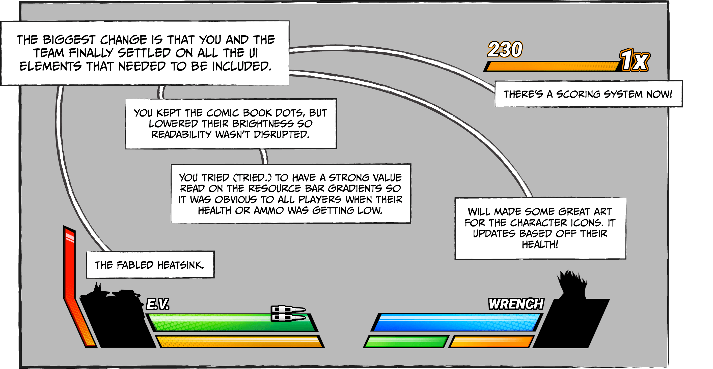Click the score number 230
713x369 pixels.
(x=505, y=50)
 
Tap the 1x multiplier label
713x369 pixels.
(x=634, y=60)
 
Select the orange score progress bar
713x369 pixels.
(x=551, y=66)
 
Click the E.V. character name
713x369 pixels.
(x=157, y=304)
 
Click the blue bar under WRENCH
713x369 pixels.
(x=457, y=323)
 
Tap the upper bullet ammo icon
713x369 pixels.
(x=288, y=309)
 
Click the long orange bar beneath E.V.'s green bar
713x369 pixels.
(x=239, y=342)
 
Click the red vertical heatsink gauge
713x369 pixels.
(x=69, y=266)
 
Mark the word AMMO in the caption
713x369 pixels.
(x=268, y=211)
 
